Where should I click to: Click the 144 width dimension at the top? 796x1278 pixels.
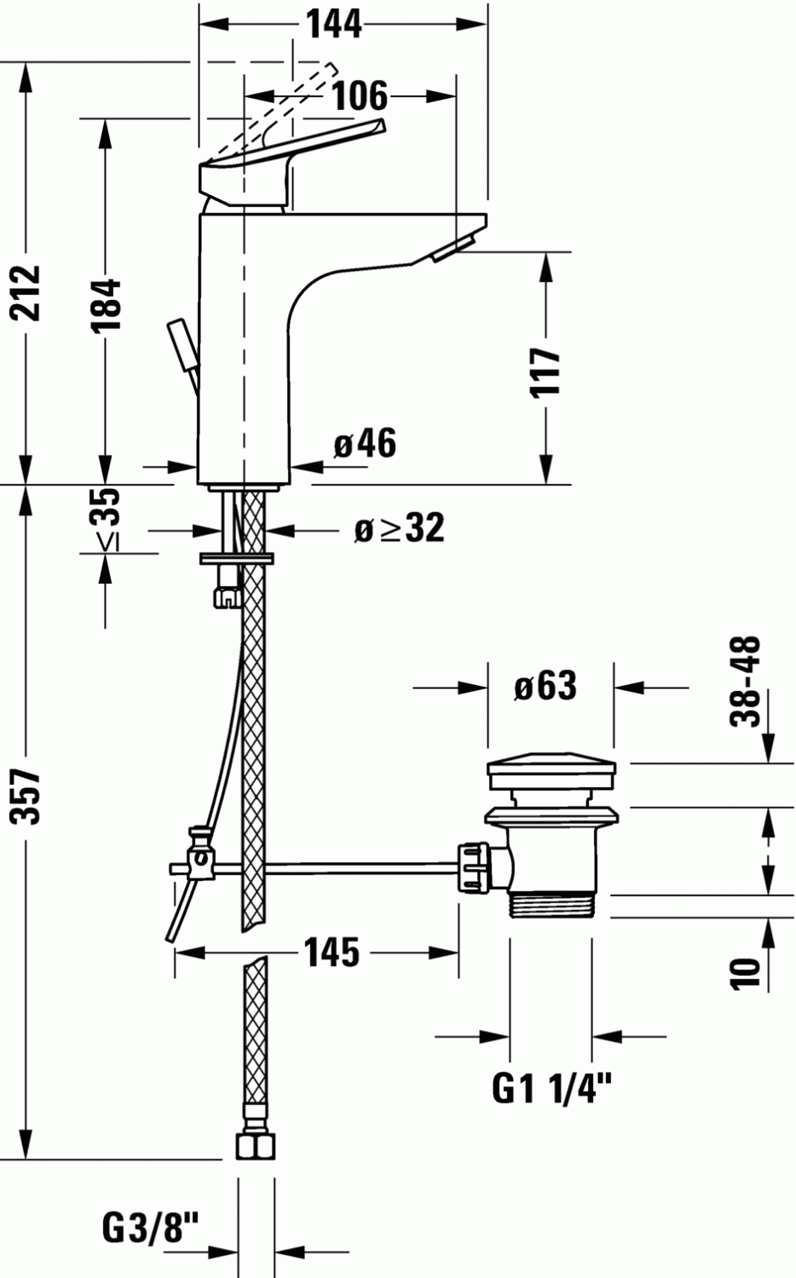334,25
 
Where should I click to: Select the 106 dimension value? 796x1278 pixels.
359,95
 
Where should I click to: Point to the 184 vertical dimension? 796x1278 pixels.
105,304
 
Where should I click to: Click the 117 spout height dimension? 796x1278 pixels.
545,371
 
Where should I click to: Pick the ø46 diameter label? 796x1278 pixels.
365,443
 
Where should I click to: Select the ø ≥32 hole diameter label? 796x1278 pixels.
399,529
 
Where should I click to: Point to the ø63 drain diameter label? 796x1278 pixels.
545,686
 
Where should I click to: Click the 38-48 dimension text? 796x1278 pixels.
746,681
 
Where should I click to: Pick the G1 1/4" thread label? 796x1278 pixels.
552,1088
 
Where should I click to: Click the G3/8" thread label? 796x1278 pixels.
150,1228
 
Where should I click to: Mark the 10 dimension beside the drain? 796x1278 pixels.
746,972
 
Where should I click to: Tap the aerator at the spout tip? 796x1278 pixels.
452,250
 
